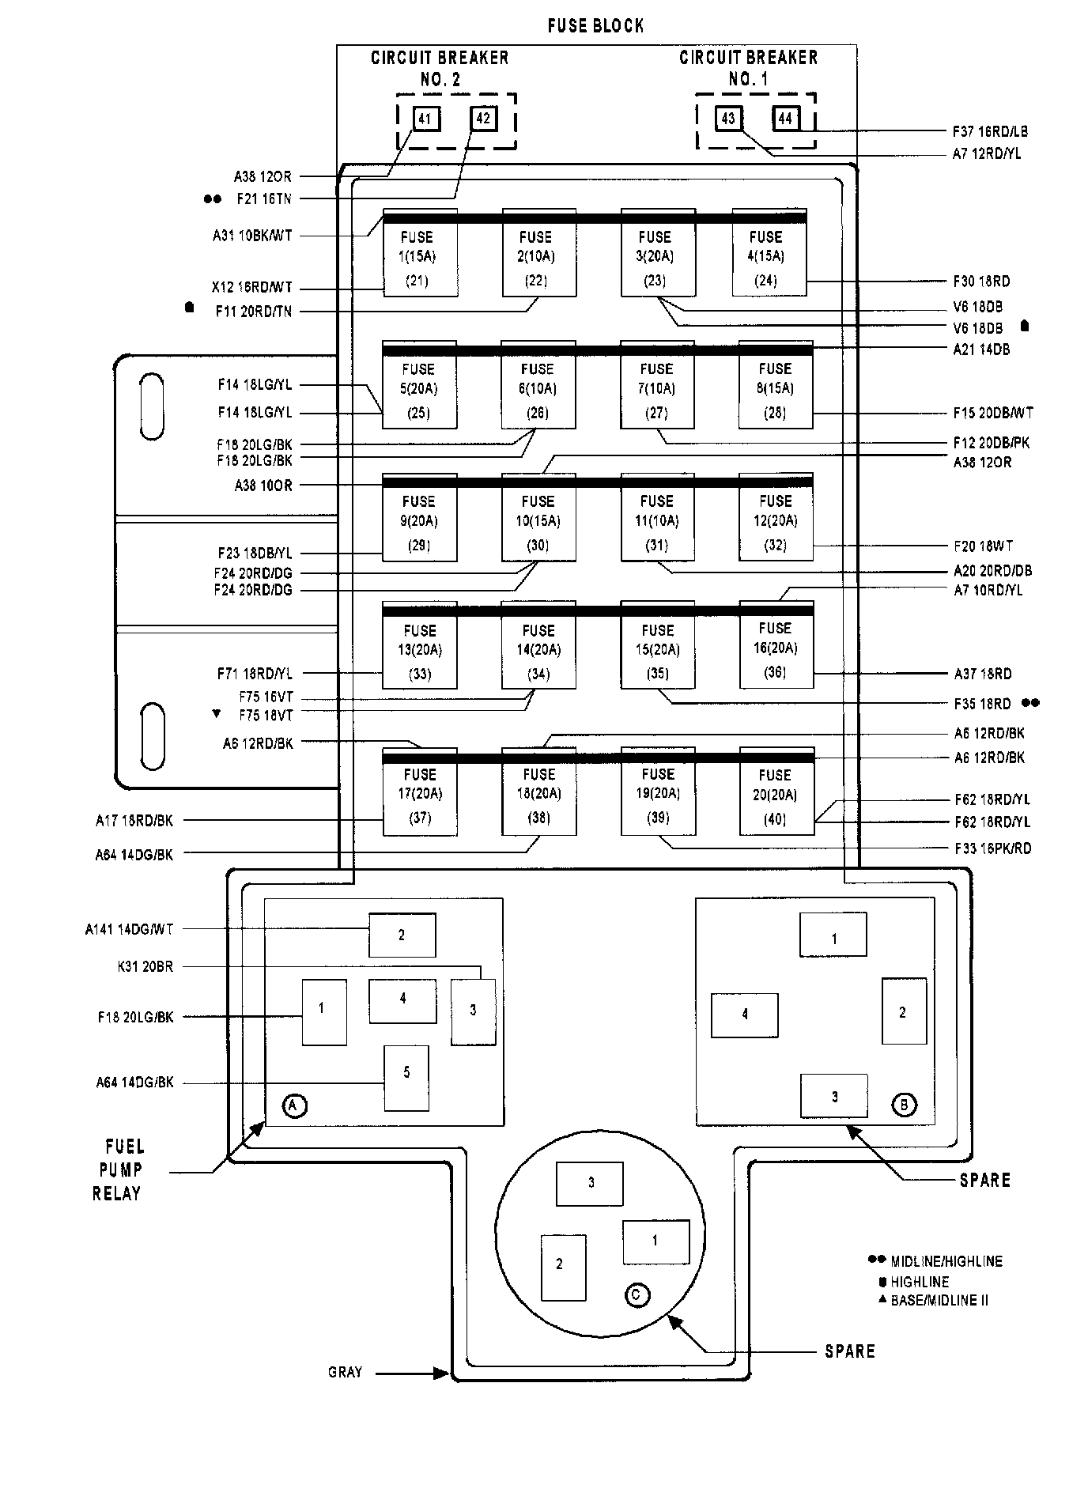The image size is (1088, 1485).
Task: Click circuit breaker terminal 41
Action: [425, 119]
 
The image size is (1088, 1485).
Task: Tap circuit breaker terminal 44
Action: [785, 119]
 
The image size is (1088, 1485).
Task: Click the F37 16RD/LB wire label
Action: [990, 131]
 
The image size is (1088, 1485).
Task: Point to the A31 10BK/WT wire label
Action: [251, 235]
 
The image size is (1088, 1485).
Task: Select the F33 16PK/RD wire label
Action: [992, 848]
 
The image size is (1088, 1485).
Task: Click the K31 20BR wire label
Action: [145, 966]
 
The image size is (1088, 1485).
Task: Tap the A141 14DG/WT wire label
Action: [129, 929]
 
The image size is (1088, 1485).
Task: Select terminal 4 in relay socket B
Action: [744, 1015]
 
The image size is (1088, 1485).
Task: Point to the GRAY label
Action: [345, 1372]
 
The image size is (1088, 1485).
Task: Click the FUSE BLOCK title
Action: [595, 26]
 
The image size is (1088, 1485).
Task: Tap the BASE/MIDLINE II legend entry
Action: [939, 1300]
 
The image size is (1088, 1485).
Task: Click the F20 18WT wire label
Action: [983, 546]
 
